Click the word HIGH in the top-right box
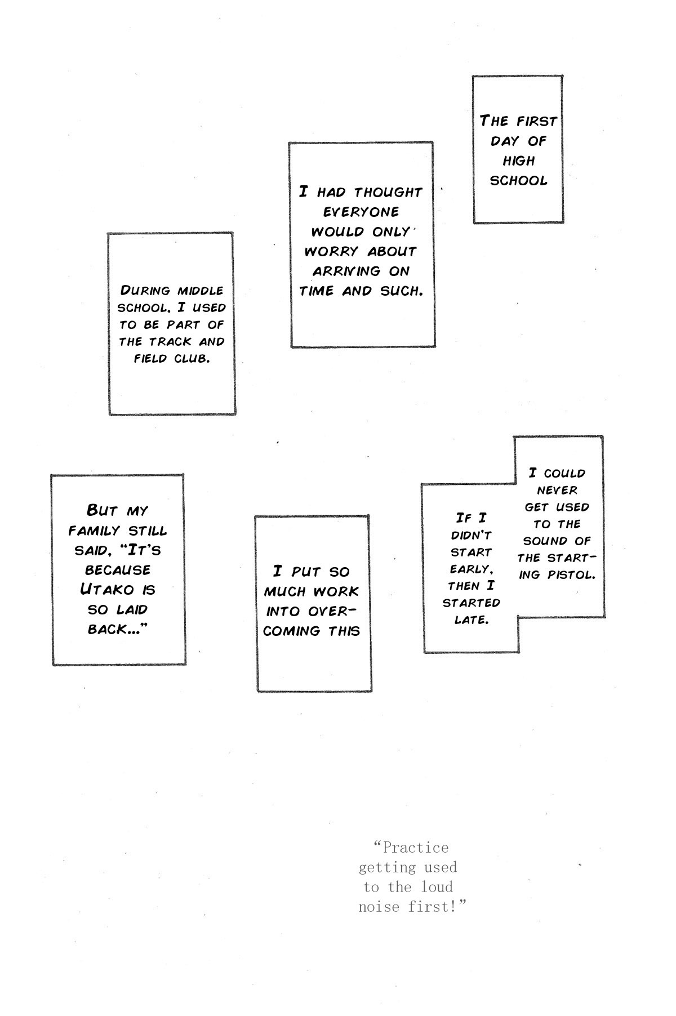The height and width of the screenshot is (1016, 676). pyautogui.click(x=518, y=161)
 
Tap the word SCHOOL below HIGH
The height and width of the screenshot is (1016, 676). pyautogui.click(x=518, y=181)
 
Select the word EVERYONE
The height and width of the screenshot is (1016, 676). pyautogui.click(x=361, y=212)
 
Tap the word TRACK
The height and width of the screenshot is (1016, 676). pyautogui.click(x=171, y=342)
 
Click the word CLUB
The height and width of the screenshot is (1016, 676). pyautogui.click(x=192, y=359)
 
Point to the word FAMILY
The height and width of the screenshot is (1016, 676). pyautogui.click(x=94, y=531)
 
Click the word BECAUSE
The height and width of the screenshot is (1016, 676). pyautogui.click(x=118, y=570)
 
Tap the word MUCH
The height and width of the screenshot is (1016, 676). pyautogui.click(x=286, y=592)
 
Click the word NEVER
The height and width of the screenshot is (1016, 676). pyautogui.click(x=557, y=491)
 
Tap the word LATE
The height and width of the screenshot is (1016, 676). pyautogui.click(x=471, y=620)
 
